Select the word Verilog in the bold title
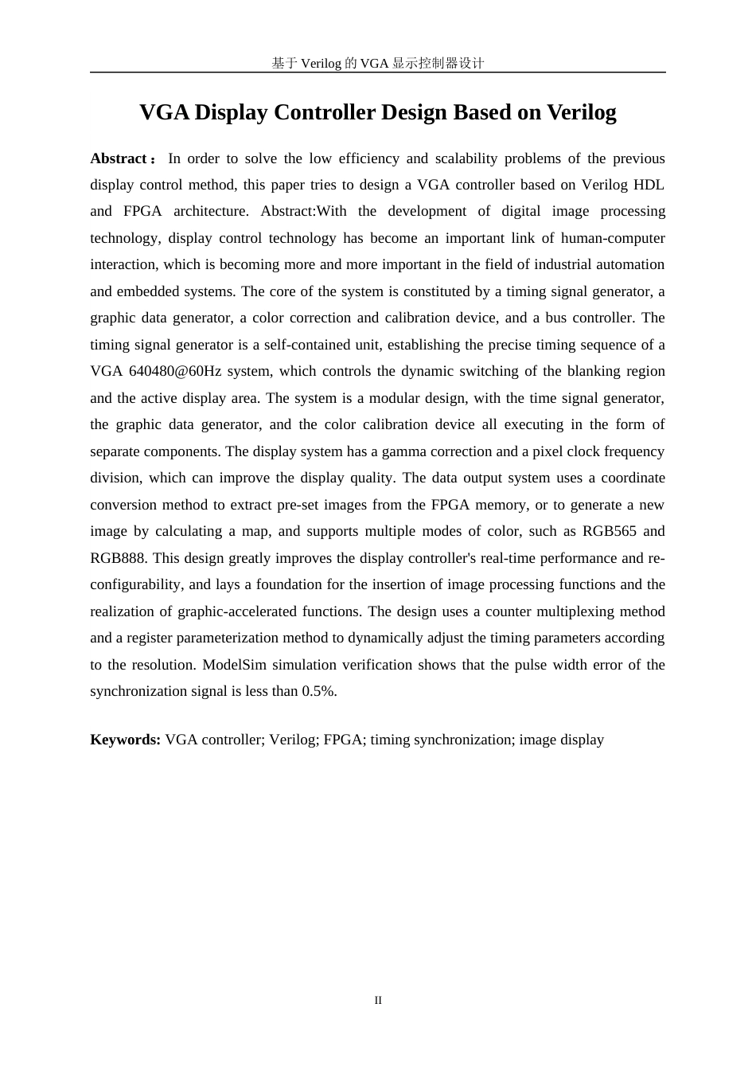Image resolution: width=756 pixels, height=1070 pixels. point(581,112)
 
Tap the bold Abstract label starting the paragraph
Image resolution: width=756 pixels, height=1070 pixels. point(118,158)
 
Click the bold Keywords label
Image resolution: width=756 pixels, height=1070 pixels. point(126,740)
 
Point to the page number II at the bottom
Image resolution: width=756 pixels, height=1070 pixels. point(378,1000)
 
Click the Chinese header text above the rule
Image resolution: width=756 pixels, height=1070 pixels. point(377,63)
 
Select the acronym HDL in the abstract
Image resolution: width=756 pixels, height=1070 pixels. point(649,185)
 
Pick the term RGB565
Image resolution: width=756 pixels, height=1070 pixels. point(610,531)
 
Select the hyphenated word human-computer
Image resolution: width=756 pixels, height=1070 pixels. point(613,238)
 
